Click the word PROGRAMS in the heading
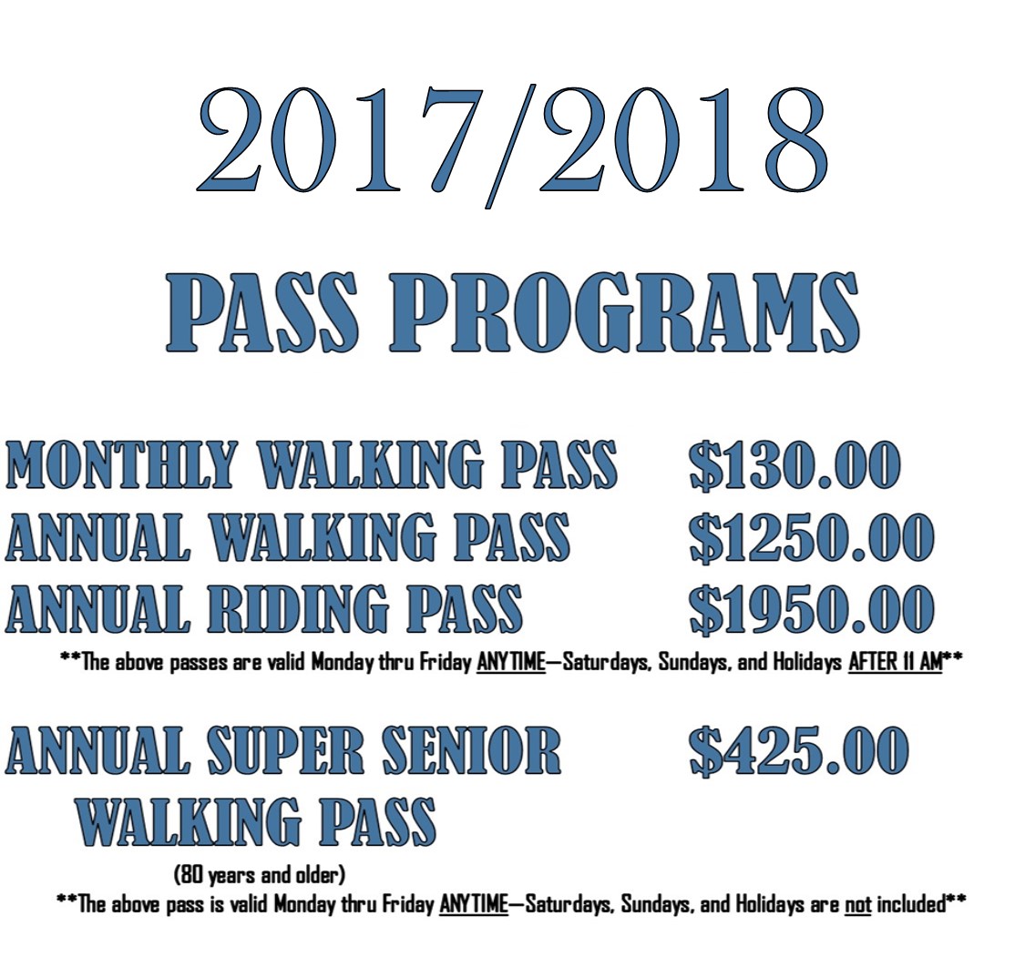coord(623,313)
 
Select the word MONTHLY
coord(120,465)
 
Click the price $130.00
coord(794,465)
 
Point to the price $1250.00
coord(811,537)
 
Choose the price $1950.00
coord(811,609)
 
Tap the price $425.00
coord(798,751)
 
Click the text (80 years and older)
coord(260,874)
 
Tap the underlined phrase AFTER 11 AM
coord(895,662)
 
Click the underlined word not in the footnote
coord(857,905)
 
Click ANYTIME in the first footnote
coord(511,662)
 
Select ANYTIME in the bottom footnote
coord(475,905)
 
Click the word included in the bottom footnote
coord(911,905)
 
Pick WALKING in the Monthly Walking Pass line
coord(372,465)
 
